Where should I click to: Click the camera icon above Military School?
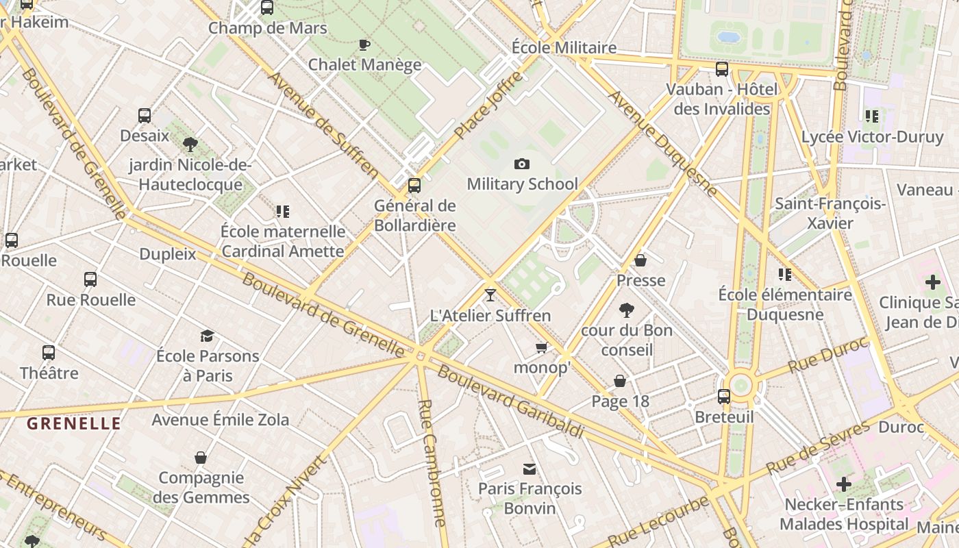[522, 164]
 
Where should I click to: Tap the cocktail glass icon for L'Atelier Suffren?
[490, 295]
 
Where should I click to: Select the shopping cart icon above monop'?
[542, 348]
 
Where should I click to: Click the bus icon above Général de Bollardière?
[414, 186]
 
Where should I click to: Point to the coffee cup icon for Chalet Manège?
[364, 45]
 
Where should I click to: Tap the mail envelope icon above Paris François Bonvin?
[530, 469]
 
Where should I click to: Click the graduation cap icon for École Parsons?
[207, 336]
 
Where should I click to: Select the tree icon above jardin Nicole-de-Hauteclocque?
[190, 145]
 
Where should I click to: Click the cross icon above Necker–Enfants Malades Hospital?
[844, 485]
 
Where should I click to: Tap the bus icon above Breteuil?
[724, 397]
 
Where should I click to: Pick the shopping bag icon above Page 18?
[620, 381]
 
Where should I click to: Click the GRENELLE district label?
[74, 423]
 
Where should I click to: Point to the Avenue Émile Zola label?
[220, 419]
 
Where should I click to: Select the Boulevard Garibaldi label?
[510, 402]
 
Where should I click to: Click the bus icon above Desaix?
[145, 115]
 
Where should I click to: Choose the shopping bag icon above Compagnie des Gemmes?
[201, 458]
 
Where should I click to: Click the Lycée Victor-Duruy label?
[872, 137]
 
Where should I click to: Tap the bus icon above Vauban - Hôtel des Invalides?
[722, 69]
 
